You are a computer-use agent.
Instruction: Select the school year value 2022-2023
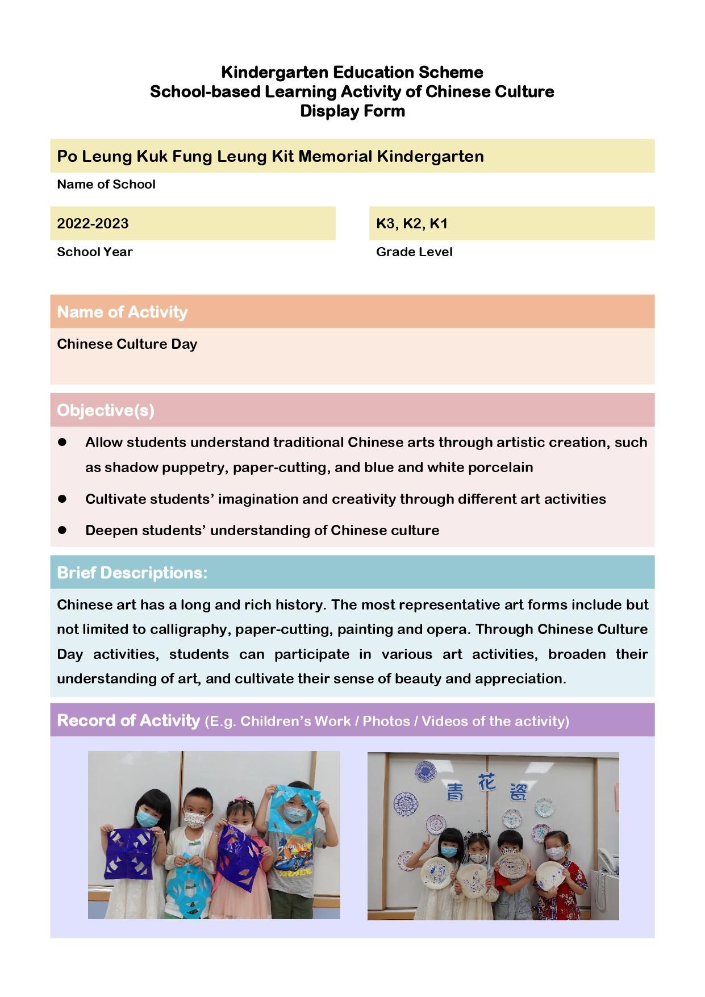click(93, 223)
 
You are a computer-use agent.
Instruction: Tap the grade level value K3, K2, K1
click(412, 223)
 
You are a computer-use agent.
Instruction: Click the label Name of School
click(106, 184)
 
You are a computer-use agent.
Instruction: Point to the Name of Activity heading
click(122, 312)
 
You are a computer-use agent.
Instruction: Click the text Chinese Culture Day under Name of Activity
click(127, 344)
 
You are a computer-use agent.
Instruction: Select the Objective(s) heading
click(106, 410)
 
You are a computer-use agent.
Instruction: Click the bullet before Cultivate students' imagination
click(62, 499)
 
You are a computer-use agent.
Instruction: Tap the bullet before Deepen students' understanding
click(62, 530)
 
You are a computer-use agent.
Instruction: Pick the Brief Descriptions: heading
click(132, 573)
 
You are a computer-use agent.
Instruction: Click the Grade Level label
click(414, 252)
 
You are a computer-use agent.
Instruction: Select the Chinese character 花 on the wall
click(487, 783)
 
